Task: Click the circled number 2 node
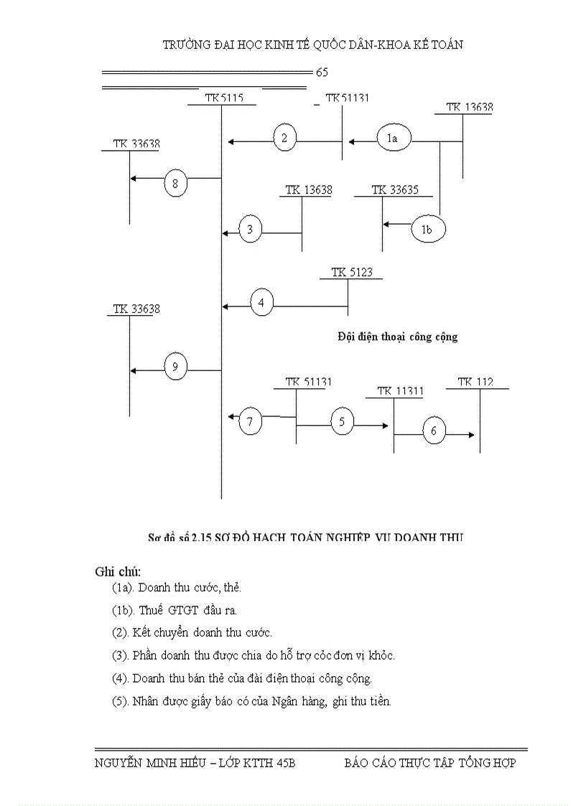point(285,138)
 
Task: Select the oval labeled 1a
point(392,139)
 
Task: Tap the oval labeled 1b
point(428,230)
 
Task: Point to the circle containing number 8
point(175,184)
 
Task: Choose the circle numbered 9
point(175,367)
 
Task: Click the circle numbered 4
point(261,303)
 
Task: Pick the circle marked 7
point(250,421)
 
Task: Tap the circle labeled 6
point(434,431)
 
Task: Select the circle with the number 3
point(250,230)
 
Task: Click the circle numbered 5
point(342,422)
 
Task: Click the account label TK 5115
point(223,98)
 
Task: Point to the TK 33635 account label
point(395,190)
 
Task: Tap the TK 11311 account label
point(400,391)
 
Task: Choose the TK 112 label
point(475,382)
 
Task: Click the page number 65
point(322,72)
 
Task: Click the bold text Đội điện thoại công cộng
point(397,337)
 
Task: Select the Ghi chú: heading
point(118,571)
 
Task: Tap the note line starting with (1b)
point(174,610)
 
